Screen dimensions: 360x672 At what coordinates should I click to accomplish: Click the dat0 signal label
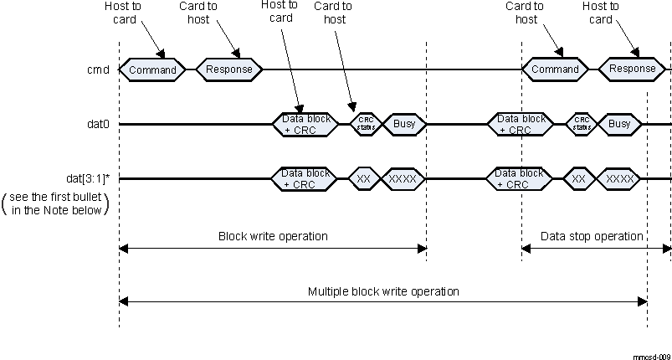99,125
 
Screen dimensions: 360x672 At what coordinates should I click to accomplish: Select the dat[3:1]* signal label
87,179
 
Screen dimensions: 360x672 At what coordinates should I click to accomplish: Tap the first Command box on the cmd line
153,69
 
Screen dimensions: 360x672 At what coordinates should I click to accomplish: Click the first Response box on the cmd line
229,69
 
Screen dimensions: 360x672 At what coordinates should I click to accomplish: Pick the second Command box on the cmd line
555,69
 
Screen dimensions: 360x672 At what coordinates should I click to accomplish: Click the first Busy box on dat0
404,124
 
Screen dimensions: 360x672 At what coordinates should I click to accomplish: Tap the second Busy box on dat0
619,124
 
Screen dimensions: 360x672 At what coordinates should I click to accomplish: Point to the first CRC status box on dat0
366,124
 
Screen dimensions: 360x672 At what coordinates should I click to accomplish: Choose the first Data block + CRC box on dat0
304,124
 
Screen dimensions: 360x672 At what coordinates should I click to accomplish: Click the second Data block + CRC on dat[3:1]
519,178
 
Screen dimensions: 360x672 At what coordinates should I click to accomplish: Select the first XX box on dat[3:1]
364,178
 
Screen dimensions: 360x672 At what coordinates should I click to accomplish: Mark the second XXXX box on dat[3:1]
619,178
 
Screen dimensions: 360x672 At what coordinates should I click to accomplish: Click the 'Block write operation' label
273,236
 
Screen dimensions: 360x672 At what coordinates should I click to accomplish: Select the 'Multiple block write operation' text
383,291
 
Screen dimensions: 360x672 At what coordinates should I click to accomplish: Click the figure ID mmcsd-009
652,355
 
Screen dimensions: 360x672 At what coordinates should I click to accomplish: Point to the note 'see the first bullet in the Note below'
57,203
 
